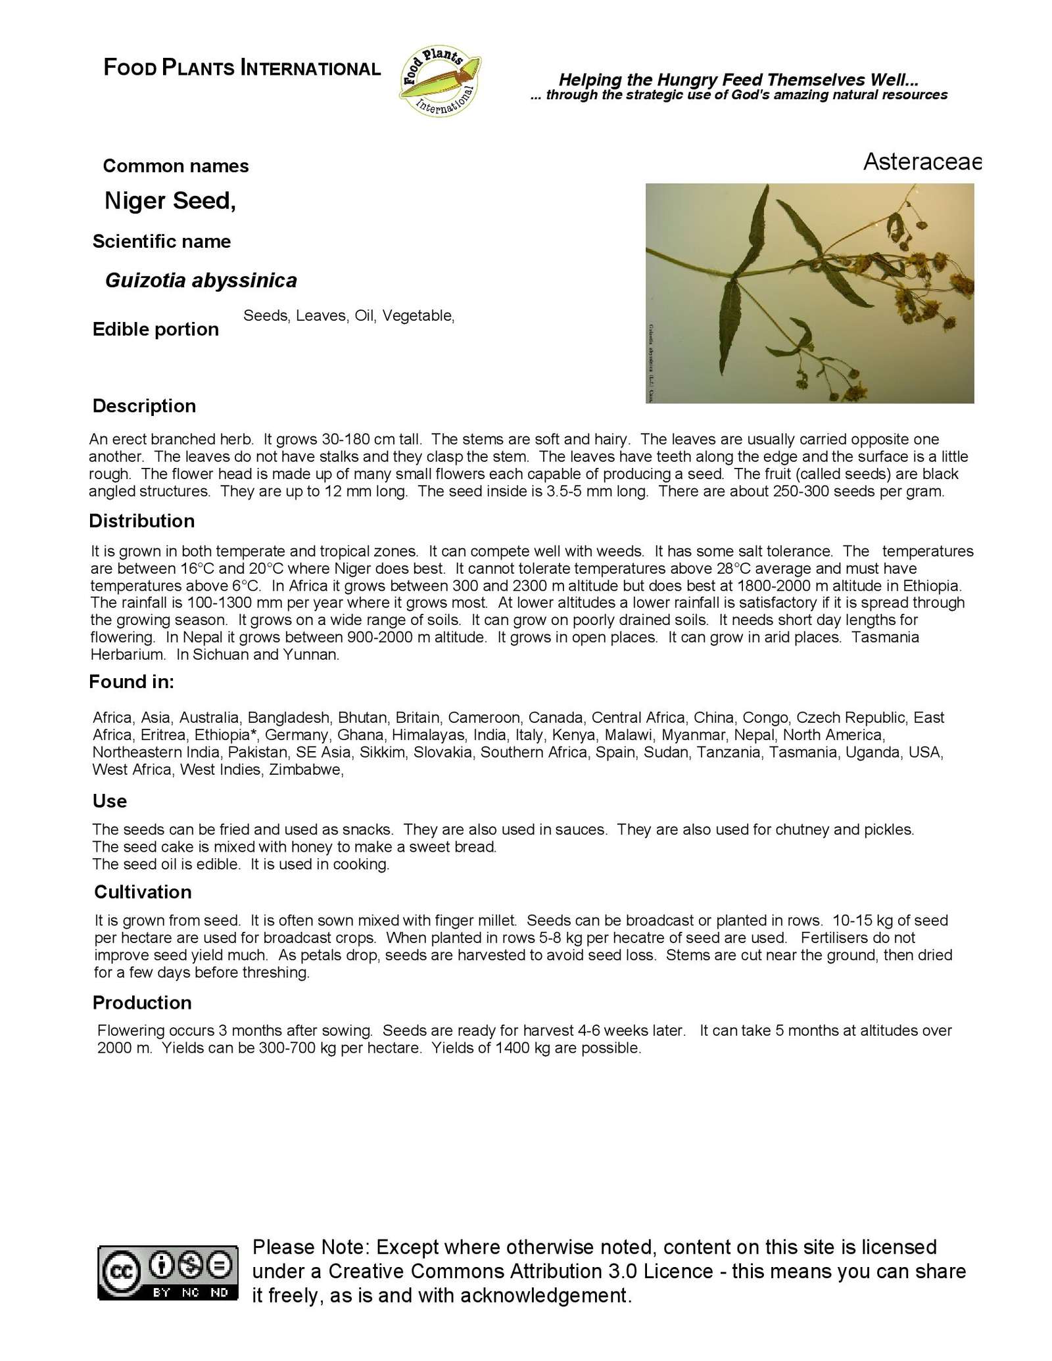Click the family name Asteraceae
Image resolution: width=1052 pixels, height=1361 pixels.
pyautogui.click(x=921, y=162)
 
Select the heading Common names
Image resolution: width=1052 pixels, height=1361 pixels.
pyautogui.click(x=176, y=166)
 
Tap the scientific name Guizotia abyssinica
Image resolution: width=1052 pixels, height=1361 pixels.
pyautogui.click(x=201, y=281)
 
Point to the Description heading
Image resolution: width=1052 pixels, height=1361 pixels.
pyautogui.click(x=144, y=406)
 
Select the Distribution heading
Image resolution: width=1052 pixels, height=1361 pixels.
pyautogui.click(x=142, y=521)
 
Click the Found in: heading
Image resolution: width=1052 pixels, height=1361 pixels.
pyautogui.click(x=131, y=682)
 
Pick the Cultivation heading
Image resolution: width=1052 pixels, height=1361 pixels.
pyautogui.click(x=143, y=892)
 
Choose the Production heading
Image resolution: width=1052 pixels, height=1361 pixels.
pyautogui.click(x=142, y=1003)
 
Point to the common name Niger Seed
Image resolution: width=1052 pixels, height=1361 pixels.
pyautogui.click(x=169, y=201)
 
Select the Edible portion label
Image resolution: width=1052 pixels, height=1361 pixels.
pyautogui.click(x=155, y=329)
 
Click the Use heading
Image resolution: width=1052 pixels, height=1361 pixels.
pyautogui.click(x=109, y=801)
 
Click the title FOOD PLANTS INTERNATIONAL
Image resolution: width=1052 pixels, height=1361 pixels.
pyautogui.click(x=242, y=68)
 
